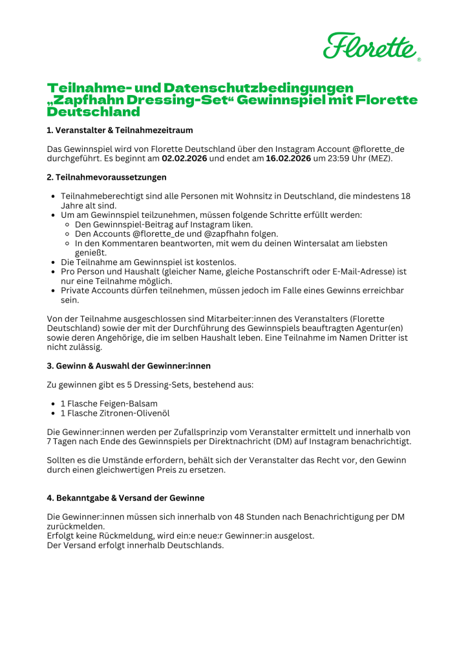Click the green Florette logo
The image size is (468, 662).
pyautogui.click(x=371, y=46)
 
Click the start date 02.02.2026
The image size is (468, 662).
pyautogui.click(x=184, y=158)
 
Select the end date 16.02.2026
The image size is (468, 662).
pyautogui.click(x=288, y=158)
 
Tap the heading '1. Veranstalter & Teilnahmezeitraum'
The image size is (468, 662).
pyautogui.click(x=120, y=130)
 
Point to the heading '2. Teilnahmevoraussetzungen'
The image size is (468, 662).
pyautogui.click(x=107, y=176)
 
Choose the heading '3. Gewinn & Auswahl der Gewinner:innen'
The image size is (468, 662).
pyautogui.click(x=129, y=366)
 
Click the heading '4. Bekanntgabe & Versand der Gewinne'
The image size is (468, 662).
pyautogui.click(x=125, y=498)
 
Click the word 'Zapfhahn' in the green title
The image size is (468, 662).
pyautogui.click(x=87, y=100)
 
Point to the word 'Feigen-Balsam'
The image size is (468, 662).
pyautogui.click(x=128, y=403)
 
